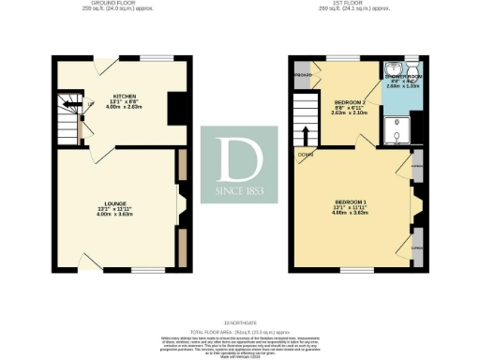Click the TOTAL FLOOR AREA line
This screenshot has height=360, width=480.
[x=240, y=332]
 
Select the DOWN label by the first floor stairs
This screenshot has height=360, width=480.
[x=306, y=156]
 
